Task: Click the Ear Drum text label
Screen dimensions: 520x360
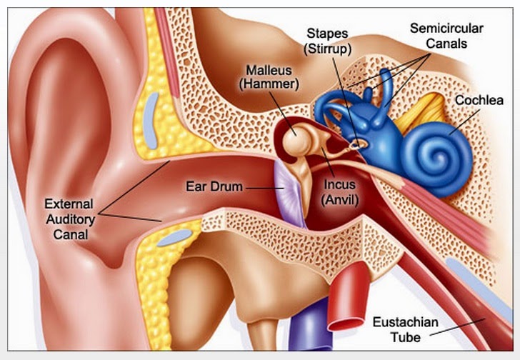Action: coord(216,187)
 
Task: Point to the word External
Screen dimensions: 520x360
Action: coord(67,202)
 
